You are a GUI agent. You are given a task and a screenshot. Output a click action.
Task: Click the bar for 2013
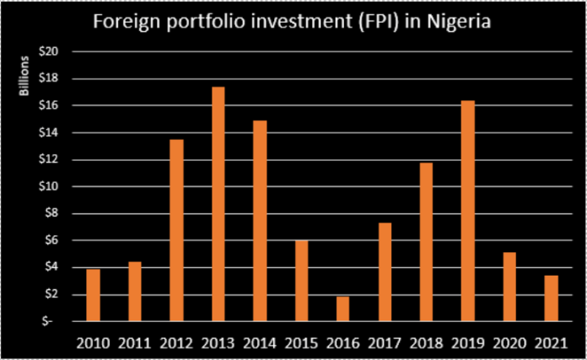(218, 204)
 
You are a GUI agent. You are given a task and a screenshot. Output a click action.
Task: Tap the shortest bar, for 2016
(342, 309)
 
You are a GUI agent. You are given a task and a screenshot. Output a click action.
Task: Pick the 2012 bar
(177, 230)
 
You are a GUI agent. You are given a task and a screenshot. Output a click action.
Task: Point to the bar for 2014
(260, 221)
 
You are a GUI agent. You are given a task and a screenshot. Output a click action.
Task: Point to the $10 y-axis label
(51, 186)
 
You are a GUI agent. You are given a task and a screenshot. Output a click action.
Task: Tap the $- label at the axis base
(53, 321)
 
